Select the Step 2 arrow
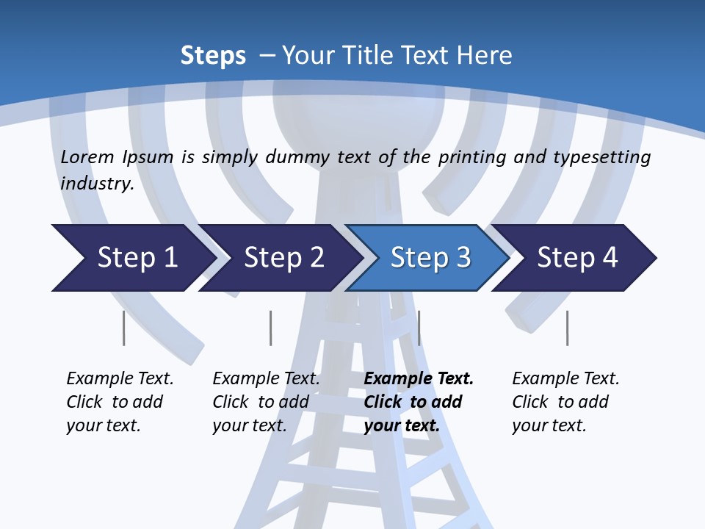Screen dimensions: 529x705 [283, 258]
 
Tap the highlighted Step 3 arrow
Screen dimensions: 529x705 [430, 258]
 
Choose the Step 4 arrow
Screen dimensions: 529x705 [577, 258]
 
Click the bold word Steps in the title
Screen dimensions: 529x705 [213, 56]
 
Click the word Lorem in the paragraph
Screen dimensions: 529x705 [87, 156]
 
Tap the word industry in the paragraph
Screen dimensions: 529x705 [97, 183]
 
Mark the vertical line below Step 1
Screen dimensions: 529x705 [124, 328]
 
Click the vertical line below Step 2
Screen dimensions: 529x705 [271, 328]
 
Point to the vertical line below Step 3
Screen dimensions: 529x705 [419, 328]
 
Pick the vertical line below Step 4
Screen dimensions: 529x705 [568, 328]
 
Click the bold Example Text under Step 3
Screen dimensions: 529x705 [419, 378]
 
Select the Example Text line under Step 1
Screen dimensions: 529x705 [120, 378]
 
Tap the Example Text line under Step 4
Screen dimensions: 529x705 [565, 378]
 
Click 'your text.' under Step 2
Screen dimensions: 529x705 [250, 425]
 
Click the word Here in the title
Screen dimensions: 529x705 [485, 56]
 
